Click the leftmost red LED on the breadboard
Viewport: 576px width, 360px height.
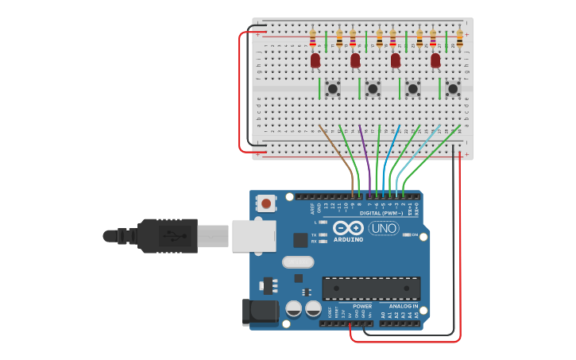coord(315,60)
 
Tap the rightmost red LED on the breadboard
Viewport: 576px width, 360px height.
coord(435,60)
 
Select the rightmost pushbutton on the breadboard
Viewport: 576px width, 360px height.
coord(453,88)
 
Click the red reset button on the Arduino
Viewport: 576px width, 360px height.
coord(266,204)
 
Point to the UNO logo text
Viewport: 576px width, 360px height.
coord(384,229)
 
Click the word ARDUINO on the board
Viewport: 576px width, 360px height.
coord(348,239)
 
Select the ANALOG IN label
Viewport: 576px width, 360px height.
coord(403,306)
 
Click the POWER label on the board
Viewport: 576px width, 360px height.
coord(362,306)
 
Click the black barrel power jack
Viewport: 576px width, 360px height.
coord(260,312)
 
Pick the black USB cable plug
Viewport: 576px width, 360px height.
coord(167,236)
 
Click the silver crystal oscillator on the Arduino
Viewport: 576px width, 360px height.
coord(298,261)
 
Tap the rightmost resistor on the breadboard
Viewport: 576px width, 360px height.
coord(459,37)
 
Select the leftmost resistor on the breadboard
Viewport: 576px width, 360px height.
coord(312,37)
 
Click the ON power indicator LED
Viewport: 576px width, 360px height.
coord(407,235)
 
